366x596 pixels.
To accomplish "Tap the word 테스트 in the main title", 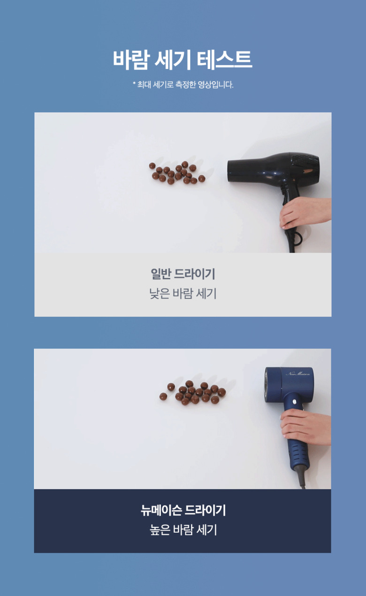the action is pos(224,60).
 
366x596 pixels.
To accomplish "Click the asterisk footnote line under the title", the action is pos(183,85).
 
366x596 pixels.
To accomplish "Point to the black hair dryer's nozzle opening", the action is pos(229,171).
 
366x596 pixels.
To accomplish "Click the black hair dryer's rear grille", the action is pos(306,163).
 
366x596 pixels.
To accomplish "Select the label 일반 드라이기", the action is pos(183,274).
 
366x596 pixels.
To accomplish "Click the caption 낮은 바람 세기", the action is pos(183,293).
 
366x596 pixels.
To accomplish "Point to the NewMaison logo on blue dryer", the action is pos(297,374).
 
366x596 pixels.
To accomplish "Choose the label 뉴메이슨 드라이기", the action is pos(183,510).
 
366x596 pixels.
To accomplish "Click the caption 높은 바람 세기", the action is pos(183,530).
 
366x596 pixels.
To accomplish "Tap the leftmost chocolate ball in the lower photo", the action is pos(163,397).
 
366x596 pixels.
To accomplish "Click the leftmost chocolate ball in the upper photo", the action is pos(152,166).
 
